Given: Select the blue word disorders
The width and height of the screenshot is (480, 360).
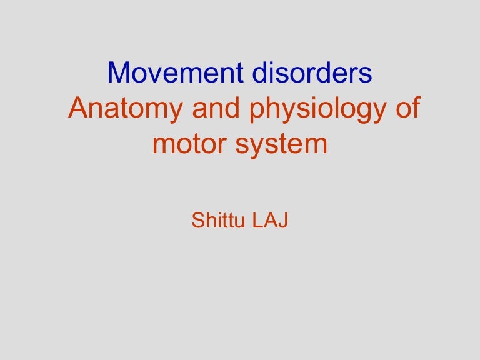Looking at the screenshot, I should click(x=312, y=74).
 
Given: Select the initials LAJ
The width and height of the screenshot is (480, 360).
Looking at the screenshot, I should click(x=270, y=221).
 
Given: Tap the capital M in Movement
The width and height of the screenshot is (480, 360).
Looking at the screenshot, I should click(x=119, y=74).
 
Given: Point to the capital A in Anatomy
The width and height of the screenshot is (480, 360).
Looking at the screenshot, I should click(x=77, y=109).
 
